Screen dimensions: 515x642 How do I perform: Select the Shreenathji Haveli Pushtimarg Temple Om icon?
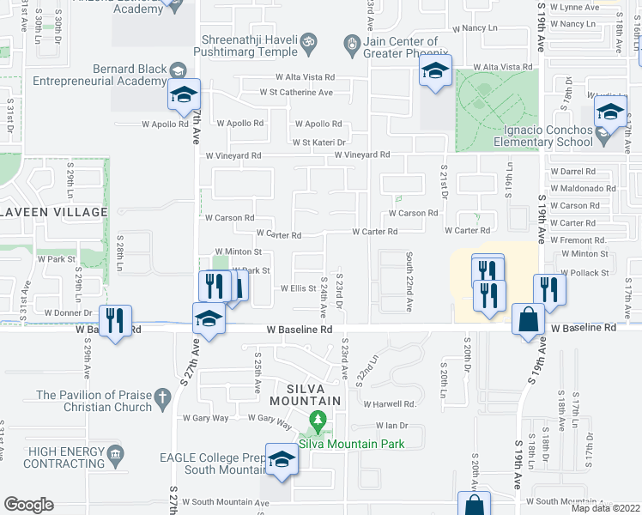(x=312, y=40)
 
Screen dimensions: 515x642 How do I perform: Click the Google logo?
(x=28, y=505)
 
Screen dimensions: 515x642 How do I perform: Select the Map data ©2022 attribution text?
(x=605, y=508)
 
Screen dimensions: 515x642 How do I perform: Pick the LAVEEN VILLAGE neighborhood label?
(x=53, y=212)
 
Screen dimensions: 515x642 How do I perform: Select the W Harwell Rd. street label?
(x=389, y=403)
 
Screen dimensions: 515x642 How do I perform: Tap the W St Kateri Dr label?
(x=318, y=142)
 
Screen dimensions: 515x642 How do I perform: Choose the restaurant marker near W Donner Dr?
(x=114, y=320)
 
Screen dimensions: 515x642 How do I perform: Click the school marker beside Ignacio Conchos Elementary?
(x=610, y=114)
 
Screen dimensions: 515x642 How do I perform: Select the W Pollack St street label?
(x=585, y=273)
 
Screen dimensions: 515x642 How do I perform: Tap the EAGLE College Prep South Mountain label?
(x=213, y=464)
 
